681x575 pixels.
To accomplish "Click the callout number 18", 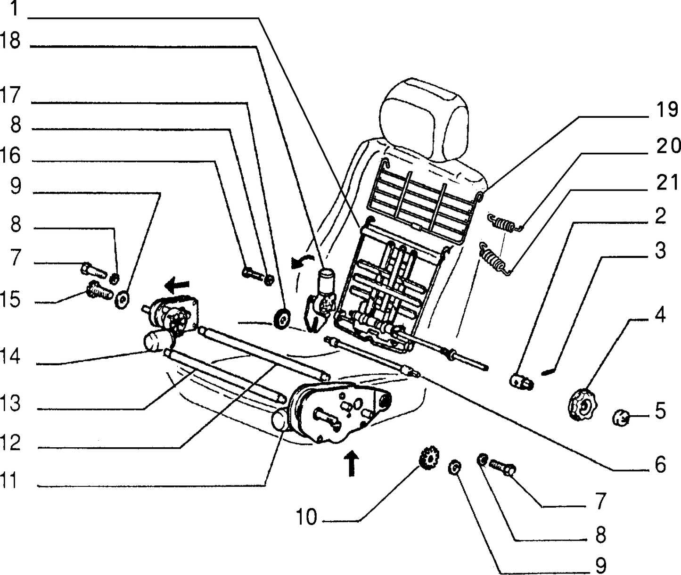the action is pyautogui.click(x=10, y=41).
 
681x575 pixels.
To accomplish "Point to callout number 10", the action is pyautogui.click(x=306, y=517).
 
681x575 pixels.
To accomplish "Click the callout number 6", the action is pyautogui.click(x=660, y=465).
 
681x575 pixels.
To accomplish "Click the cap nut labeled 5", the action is pyautogui.click(x=621, y=418).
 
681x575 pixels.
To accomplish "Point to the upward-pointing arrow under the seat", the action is pyautogui.click(x=351, y=463).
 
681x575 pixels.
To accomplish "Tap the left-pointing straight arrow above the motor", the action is pyautogui.click(x=177, y=286).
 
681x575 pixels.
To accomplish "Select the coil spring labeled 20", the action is pyautogui.click(x=505, y=222).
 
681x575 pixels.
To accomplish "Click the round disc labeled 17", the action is pyautogui.click(x=282, y=319).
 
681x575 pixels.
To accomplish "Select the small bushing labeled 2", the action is pyautogui.click(x=521, y=382).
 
